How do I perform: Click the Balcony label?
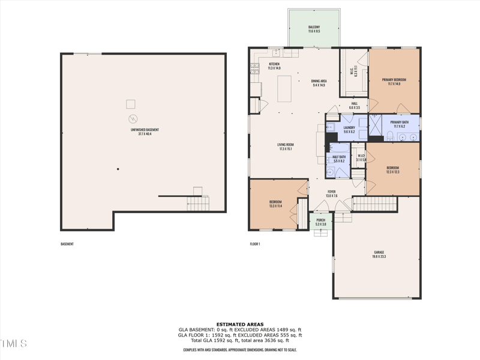(x=314, y=27)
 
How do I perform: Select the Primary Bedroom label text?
(x=394, y=80)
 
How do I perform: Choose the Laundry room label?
(x=349, y=127)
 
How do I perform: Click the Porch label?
(x=320, y=220)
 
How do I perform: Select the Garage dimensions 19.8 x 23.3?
(x=379, y=257)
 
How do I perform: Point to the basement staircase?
(x=197, y=202)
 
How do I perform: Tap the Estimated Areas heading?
(x=240, y=324)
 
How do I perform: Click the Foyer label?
(x=331, y=192)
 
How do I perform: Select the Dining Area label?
(x=319, y=81)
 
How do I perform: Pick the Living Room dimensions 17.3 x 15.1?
(x=286, y=149)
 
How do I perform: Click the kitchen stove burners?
(x=254, y=67)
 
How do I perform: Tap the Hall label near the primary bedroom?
(x=355, y=103)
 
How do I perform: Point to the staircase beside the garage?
(x=375, y=204)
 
